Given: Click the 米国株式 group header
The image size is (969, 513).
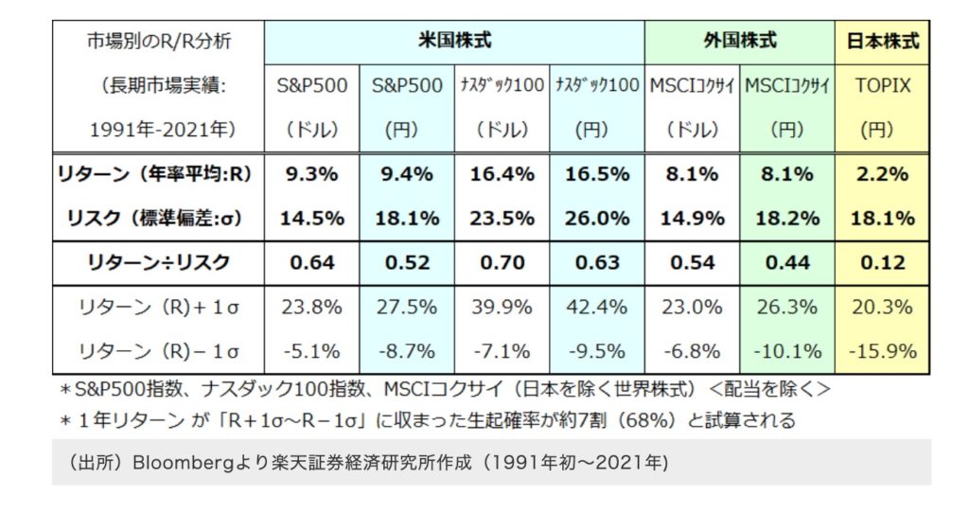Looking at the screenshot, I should point(454,41).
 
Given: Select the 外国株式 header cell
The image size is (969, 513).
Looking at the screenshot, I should point(740,41).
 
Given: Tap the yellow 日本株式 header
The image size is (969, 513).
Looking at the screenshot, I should point(882,41).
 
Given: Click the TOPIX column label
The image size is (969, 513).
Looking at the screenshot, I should point(882,85).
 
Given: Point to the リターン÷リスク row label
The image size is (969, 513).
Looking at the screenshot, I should point(158,262).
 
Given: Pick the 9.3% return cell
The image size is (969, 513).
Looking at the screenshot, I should point(312,174).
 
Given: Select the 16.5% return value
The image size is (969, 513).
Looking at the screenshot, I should point(597,174).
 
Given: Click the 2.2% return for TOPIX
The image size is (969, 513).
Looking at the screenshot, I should point(882,174).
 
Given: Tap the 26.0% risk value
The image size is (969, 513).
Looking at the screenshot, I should point(597,218).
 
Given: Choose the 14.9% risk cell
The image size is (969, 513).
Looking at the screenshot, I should point(692,218).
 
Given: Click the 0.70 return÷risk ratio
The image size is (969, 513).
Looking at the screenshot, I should point(502,262).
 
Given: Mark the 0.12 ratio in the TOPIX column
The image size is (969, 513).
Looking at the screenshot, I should point(882,262).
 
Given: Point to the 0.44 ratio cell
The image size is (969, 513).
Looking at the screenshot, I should point(786,262).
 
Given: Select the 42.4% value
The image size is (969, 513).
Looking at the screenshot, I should point(597,307).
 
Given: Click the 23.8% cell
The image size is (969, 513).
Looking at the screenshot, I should point(312,307).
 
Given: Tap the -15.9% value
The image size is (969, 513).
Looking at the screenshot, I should point(882,351).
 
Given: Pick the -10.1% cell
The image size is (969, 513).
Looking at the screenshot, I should point(786,351).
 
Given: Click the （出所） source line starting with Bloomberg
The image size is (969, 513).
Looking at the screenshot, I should point(369,463).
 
